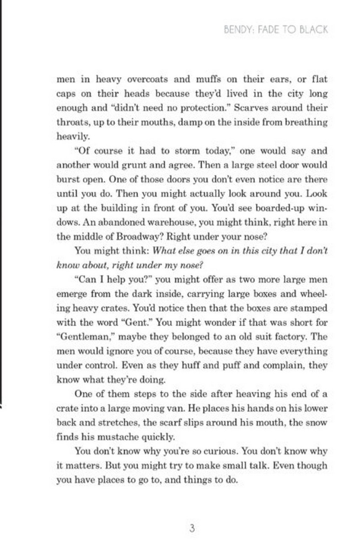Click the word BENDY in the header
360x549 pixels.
pyautogui.click(x=237, y=30)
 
